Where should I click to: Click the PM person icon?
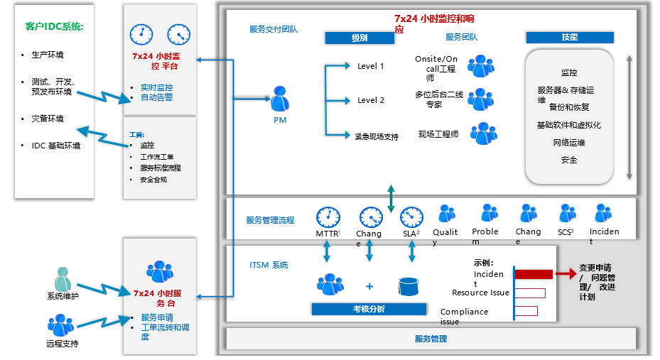tap(280, 100)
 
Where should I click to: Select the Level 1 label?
tap(370, 66)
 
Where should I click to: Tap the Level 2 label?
tap(370, 100)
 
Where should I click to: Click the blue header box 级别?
tap(359, 38)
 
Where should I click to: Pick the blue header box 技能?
tap(569, 38)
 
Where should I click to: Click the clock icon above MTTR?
tap(328, 217)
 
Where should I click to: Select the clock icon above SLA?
tap(411, 217)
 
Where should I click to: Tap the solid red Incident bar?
tap(533, 274)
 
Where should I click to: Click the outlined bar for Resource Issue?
tap(529, 293)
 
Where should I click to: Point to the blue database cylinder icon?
tap(408, 285)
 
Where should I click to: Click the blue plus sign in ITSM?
tap(369, 286)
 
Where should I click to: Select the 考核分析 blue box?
tap(369, 309)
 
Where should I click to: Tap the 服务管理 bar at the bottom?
tap(431, 339)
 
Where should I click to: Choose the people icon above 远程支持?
tap(60, 326)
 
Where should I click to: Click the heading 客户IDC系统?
tap(54, 27)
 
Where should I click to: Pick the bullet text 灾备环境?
tap(48, 119)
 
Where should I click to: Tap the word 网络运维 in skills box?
tap(569, 143)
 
